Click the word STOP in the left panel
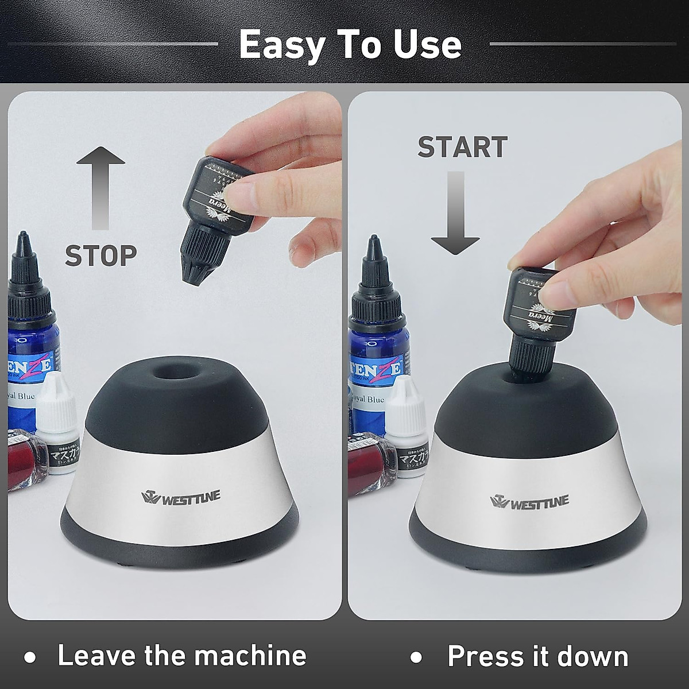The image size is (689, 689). [101, 255]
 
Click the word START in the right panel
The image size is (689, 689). [462, 147]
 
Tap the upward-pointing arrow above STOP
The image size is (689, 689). [100, 187]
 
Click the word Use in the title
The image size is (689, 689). [428, 45]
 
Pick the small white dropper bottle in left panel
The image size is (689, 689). [57, 431]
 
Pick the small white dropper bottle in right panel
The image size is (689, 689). [406, 431]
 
